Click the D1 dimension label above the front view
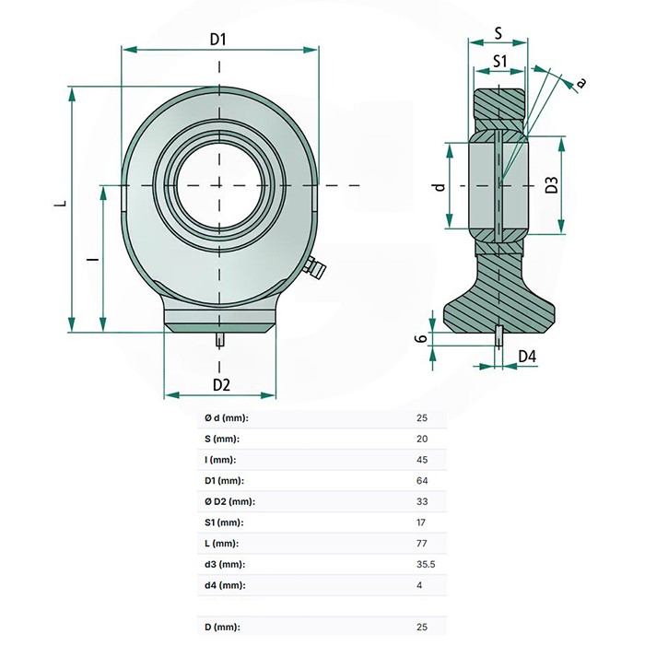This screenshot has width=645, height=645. (218, 39)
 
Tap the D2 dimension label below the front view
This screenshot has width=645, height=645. (221, 385)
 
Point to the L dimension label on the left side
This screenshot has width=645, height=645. (61, 203)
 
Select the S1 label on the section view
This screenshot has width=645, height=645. (499, 62)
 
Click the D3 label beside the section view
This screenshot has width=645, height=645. (552, 184)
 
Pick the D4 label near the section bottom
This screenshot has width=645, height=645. (527, 357)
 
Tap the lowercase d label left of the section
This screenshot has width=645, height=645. (440, 187)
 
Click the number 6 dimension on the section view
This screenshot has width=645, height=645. (420, 338)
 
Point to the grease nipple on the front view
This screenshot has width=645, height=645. (314, 267)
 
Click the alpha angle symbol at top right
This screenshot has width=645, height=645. (580, 84)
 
